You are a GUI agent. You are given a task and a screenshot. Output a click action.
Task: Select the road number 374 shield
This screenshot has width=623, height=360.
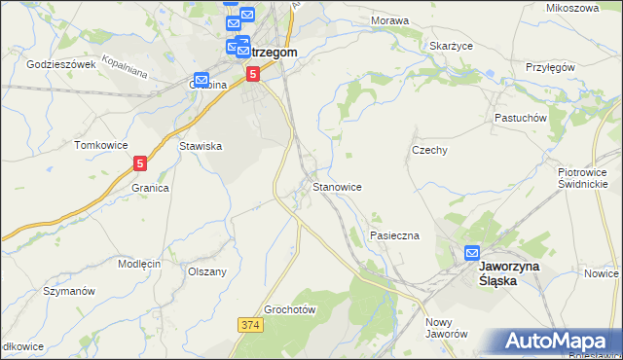247,322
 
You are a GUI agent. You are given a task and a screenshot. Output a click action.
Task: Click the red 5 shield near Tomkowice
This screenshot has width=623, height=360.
142,164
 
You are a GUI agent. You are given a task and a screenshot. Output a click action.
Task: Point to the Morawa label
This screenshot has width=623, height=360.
388,19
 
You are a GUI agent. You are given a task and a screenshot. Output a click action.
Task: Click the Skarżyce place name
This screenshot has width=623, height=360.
451,45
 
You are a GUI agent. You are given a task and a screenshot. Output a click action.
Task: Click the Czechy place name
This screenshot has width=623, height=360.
429,151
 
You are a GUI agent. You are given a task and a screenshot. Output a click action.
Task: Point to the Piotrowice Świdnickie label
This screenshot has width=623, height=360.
583,177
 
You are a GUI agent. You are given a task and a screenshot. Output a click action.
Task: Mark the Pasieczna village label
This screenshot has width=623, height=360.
394,235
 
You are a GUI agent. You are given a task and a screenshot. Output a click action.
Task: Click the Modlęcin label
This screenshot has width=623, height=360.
139,264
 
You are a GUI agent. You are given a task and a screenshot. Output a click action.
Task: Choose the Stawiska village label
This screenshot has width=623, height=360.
202,146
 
